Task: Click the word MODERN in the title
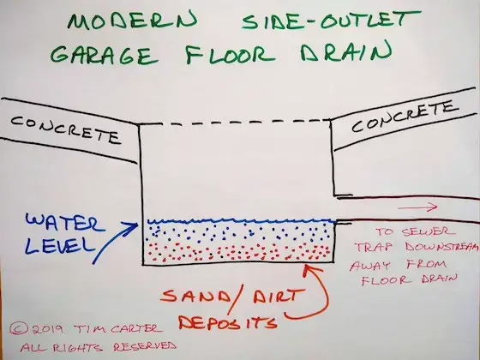pyautogui.click(x=132, y=21)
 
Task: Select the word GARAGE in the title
pyautogui.click(x=105, y=56)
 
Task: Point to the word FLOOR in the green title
pyautogui.click(x=231, y=55)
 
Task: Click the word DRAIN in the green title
pyautogui.click(x=346, y=51)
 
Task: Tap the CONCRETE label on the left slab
pyautogui.click(x=65, y=129)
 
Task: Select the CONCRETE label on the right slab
pyautogui.click(x=405, y=117)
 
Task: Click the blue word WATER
pyautogui.click(x=65, y=223)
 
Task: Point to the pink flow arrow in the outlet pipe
pyautogui.click(x=417, y=207)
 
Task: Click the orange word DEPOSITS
pyautogui.click(x=228, y=322)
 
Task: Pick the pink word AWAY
pyautogui.click(x=369, y=265)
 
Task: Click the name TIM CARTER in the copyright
pyautogui.click(x=118, y=329)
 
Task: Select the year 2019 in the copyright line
pyautogui.click(x=47, y=329)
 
